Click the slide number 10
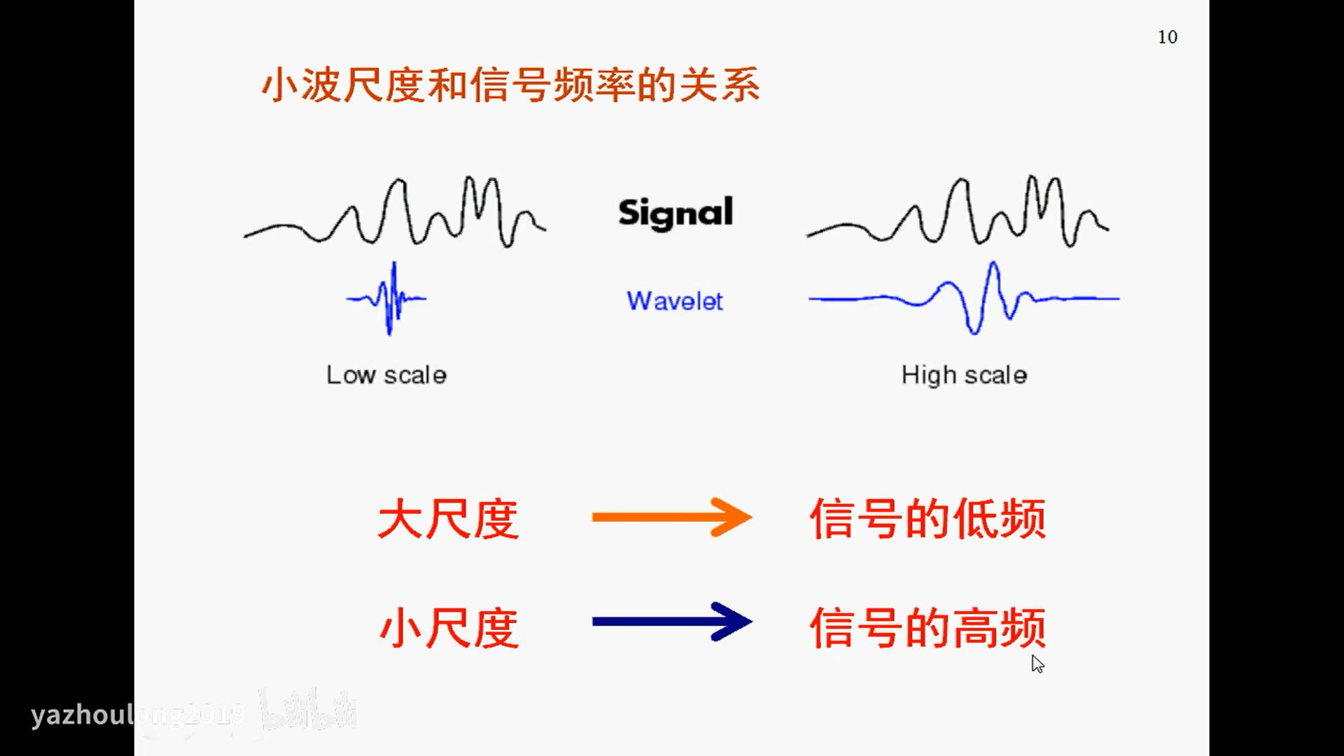click(1167, 37)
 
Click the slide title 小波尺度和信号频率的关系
click(510, 85)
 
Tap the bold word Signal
click(675, 213)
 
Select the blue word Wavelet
click(675, 301)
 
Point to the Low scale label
click(386, 375)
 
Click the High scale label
click(964, 375)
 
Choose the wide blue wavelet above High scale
click(973, 299)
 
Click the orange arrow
click(671, 517)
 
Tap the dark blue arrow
click(671, 622)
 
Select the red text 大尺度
click(448, 519)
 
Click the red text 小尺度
click(448, 628)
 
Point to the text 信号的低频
click(927, 519)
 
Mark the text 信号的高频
click(927, 628)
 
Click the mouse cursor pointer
click(1037, 663)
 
